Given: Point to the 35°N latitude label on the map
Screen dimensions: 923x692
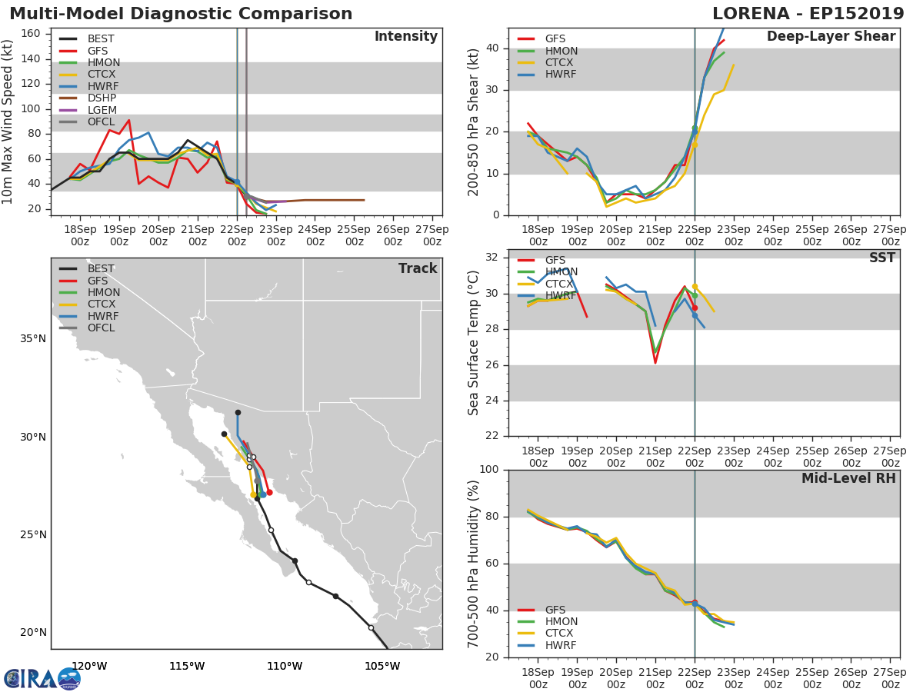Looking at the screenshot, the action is pyautogui.click(x=33, y=338).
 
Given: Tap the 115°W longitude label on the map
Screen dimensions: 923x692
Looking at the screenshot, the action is pyautogui.click(x=187, y=666).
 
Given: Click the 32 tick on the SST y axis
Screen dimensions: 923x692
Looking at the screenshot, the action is pyautogui.click(x=491, y=257).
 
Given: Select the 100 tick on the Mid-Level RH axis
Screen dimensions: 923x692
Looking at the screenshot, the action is pyautogui.click(x=488, y=469).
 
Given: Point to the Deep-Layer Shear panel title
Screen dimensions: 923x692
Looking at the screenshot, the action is pyautogui.click(x=831, y=37).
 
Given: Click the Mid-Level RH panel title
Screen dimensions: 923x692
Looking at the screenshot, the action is pyautogui.click(x=848, y=478).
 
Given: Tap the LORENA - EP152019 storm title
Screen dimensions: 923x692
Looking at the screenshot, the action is pyautogui.click(x=808, y=13).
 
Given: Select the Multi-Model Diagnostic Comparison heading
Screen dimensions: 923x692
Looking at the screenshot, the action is pyautogui.click(x=181, y=13).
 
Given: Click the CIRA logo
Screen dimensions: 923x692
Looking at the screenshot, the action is pyautogui.click(x=42, y=679).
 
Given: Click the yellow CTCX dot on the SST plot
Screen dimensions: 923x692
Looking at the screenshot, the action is pyautogui.click(x=695, y=287).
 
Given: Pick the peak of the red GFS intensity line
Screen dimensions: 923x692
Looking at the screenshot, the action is pyautogui.click(x=128, y=120).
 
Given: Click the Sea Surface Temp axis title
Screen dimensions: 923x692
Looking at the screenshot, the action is pyautogui.click(x=473, y=343).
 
